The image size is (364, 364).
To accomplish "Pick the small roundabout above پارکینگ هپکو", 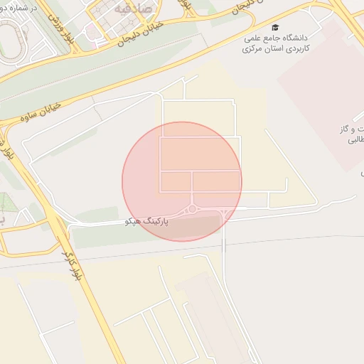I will point(192,209).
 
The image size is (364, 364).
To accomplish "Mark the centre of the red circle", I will point(182,181).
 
